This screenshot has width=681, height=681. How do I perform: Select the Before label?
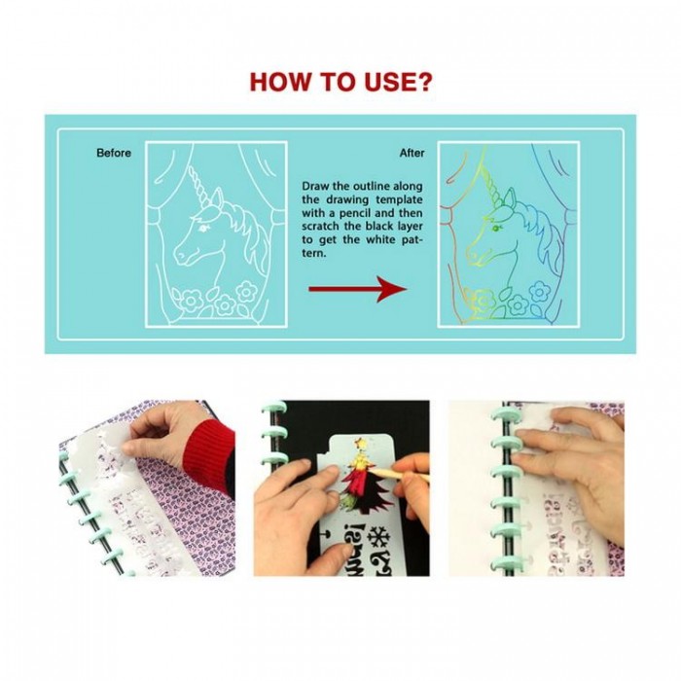point(114,153)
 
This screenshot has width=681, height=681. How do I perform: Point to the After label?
point(412,153)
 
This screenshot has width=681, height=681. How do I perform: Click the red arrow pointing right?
point(357,289)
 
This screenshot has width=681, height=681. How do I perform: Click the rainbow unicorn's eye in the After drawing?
point(495,228)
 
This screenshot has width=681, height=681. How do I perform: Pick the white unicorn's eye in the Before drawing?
point(202,228)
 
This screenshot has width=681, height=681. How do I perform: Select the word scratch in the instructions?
point(321,227)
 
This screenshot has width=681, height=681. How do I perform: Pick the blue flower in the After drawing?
point(539,291)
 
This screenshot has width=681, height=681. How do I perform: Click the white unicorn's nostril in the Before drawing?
point(178,254)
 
